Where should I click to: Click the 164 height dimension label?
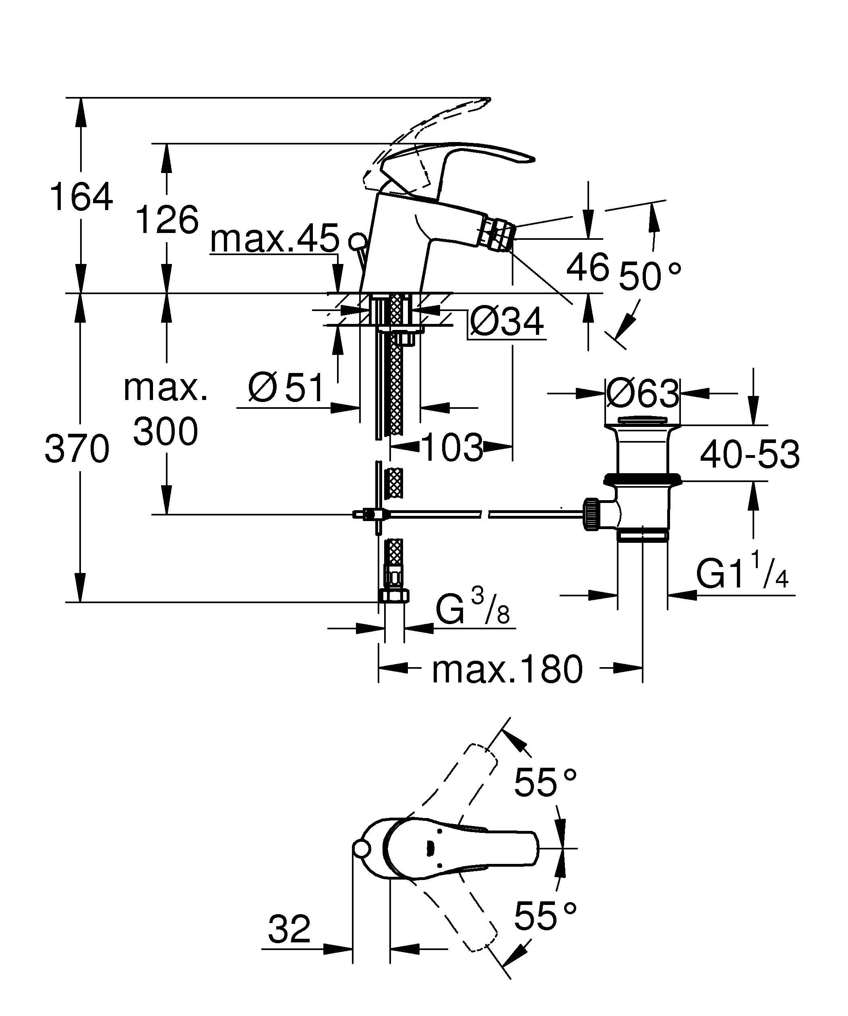pyautogui.click(x=81, y=197)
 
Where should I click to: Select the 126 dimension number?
pyautogui.click(x=167, y=220)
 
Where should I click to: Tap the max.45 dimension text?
pyautogui.click(x=275, y=239)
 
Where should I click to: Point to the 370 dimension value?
pyautogui.click(x=77, y=449)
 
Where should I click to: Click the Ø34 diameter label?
pyautogui.click(x=507, y=322)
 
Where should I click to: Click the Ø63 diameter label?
pyautogui.click(x=642, y=394)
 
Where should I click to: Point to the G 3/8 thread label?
pyautogui.click(x=472, y=610)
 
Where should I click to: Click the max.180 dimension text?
pyautogui.click(x=507, y=670)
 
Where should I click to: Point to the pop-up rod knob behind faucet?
pyautogui.click(x=358, y=239)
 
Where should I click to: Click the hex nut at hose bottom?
pyautogui.click(x=393, y=596)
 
